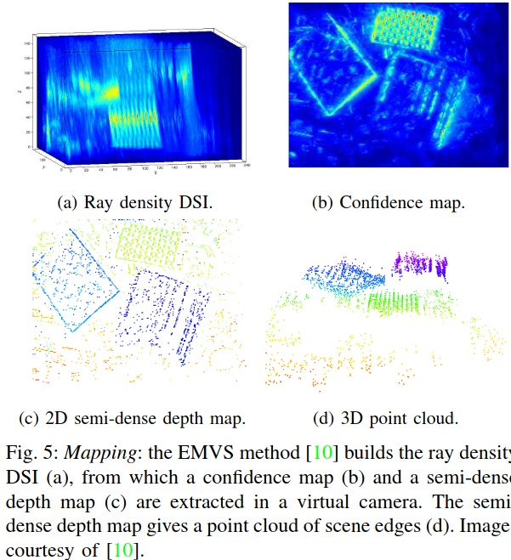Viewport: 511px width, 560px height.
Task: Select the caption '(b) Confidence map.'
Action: click(390, 201)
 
